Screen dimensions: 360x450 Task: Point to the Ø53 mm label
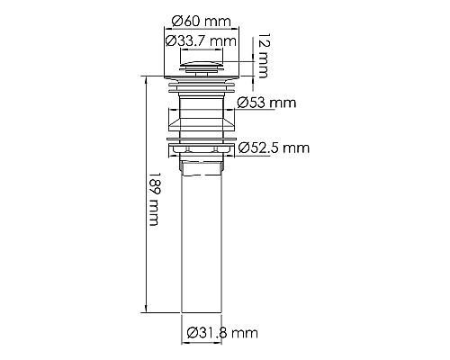[x=266, y=103]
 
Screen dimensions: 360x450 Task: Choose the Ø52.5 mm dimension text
[x=274, y=148]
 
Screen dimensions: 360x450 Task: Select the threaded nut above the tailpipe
[x=202, y=165]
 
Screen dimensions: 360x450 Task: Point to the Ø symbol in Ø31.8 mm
[x=193, y=334]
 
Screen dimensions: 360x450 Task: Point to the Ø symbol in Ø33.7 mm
[x=169, y=40]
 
